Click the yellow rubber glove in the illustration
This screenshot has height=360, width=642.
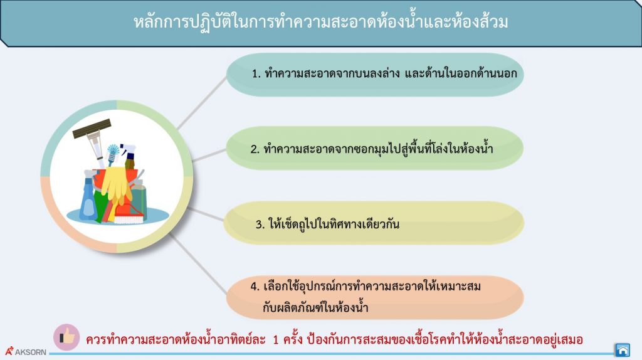click(x=115, y=183)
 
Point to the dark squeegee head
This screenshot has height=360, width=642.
click(x=92, y=128)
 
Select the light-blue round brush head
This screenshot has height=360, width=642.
click(x=113, y=151)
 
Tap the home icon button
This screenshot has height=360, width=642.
click(x=622, y=349)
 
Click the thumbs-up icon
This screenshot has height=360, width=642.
click(x=66, y=337)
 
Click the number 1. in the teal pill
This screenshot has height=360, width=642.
click(x=256, y=74)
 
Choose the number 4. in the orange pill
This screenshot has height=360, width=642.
click(x=255, y=287)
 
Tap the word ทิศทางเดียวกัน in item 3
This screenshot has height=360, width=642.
click(x=364, y=224)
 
